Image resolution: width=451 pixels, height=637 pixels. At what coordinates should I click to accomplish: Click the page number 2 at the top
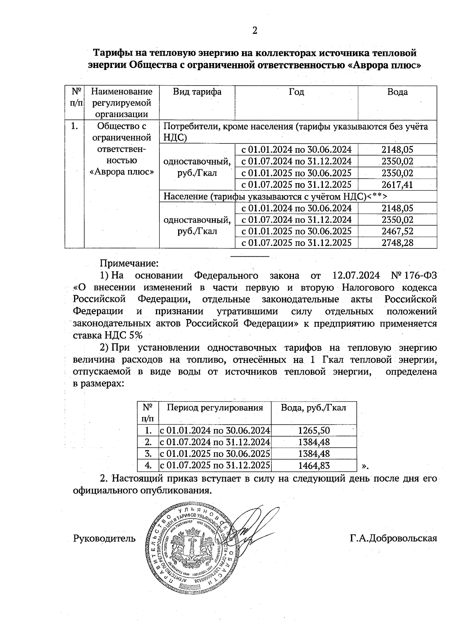254,31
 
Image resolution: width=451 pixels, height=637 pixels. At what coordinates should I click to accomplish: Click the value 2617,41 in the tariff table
397,185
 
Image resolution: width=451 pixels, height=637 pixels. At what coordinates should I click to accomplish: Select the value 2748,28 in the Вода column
397,243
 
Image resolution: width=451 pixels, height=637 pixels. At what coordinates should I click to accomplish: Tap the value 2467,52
397,231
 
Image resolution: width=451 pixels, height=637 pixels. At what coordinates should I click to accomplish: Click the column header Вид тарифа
197,92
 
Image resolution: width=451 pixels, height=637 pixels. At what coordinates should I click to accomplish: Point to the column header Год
296,92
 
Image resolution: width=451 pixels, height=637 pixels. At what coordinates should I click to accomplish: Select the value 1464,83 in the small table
314,466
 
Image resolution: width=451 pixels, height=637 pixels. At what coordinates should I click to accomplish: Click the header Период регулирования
215,408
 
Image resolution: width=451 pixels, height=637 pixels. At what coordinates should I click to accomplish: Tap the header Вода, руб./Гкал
314,408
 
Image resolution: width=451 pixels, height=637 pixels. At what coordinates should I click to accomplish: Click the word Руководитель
104,539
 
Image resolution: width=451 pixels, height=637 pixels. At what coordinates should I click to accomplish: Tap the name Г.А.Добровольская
393,539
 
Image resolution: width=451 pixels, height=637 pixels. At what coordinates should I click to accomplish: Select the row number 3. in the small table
148,454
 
